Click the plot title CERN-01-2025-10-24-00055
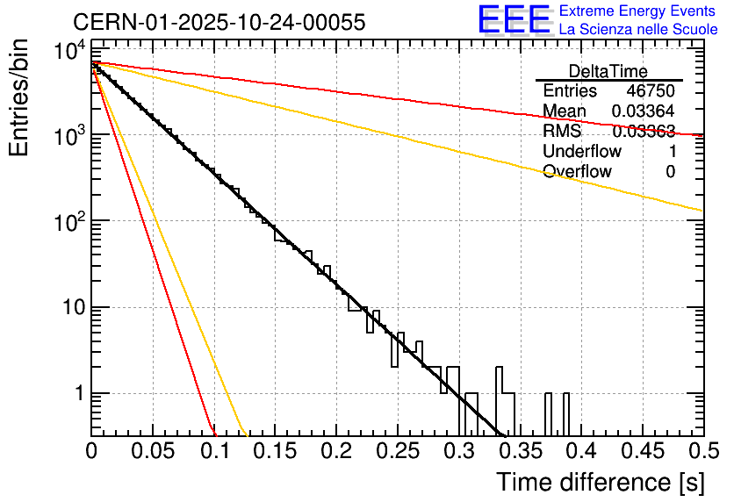click(219, 23)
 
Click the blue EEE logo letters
click(514, 20)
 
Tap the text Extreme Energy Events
click(638, 11)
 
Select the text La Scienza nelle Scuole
click(638, 30)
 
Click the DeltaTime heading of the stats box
click(608, 71)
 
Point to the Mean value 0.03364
click(644, 111)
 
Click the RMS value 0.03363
click(644, 132)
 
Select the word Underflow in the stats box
click(582, 152)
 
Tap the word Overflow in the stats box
click(578, 172)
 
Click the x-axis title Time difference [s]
click(600, 482)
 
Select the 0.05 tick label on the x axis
click(153, 451)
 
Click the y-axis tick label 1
click(76, 394)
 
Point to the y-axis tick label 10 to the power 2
click(68, 223)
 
